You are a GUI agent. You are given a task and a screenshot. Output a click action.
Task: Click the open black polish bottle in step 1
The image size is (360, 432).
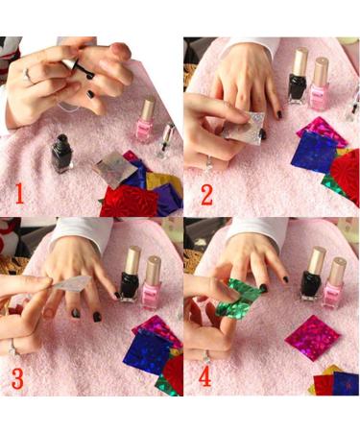(x=62, y=154)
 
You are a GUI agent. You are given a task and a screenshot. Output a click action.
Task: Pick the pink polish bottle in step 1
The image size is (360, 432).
(x=147, y=119)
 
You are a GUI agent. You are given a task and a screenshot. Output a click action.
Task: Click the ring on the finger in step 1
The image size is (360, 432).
(x=29, y=75)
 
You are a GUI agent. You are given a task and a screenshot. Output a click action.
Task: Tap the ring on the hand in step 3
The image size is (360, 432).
(x=12, y=347)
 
